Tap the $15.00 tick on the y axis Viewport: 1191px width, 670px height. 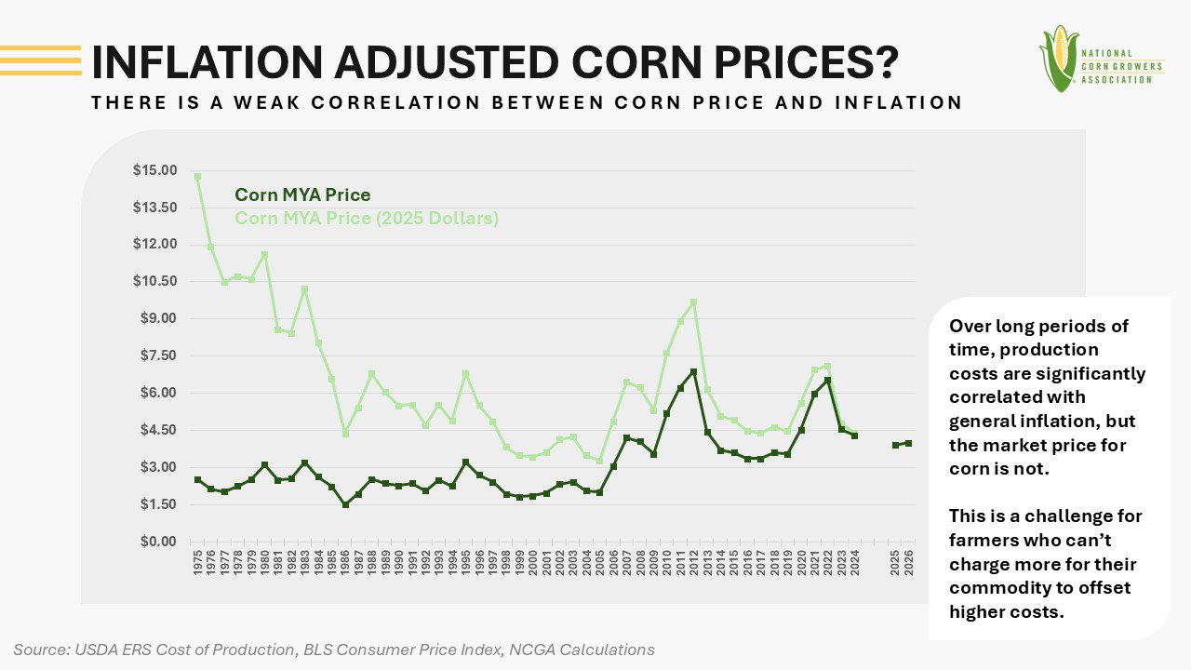(x=154, y=170)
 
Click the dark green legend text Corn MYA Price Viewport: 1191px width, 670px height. (x=302, y=195)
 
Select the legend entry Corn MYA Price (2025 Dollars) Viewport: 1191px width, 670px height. (x=367, y=219)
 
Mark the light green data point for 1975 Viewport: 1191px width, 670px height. (x=197, y=176)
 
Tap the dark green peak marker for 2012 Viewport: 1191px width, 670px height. (x=693, y=372)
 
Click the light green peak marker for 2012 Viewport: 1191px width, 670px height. (x=693, y=302)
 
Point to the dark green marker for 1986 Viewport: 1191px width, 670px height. (x=345, y=504)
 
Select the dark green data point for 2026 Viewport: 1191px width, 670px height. (x=909, y=444)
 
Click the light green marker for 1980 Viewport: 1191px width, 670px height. (x=264, y=254)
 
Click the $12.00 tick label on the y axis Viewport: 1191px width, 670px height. (x=154, y=244)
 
